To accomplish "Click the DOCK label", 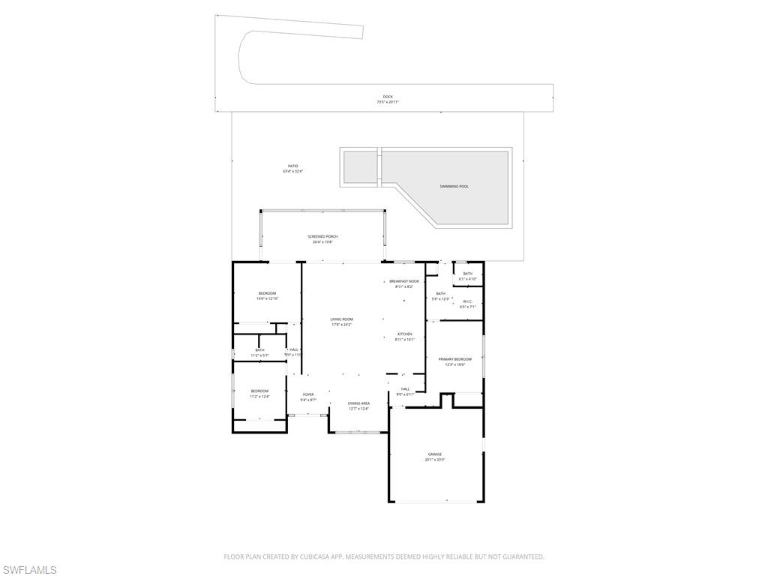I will (388, 97).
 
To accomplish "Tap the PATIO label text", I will (293, 166).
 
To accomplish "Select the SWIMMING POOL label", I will (454, 186).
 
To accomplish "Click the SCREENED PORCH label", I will (322, 236).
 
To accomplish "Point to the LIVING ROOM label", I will (341, 319).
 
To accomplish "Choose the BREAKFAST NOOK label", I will (404, 281).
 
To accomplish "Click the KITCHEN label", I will (405, 334).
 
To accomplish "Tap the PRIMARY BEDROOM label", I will (455, 359).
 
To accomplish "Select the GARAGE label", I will (435, 454).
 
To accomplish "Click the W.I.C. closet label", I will (467, 301).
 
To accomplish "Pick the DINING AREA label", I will (358, 403).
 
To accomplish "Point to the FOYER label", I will (308, 394).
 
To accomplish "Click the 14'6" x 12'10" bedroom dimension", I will (268, 298).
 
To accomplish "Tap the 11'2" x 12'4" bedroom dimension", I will (259, 396).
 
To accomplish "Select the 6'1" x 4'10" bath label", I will (468, 279).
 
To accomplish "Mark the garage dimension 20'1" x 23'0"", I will (435, 460).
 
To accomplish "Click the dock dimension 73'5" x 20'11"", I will (388, 102).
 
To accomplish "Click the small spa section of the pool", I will (360, 166).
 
